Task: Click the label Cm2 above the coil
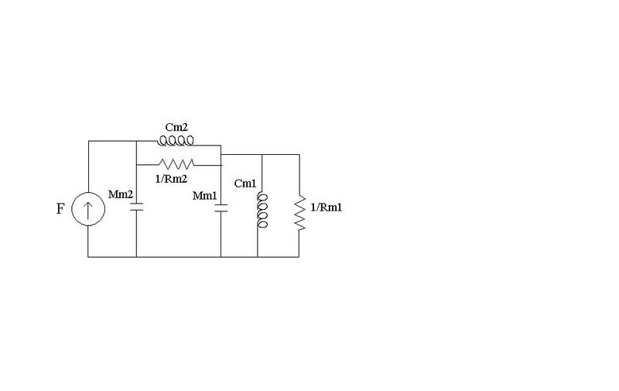click(x=176, y=127)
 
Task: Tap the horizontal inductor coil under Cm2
click(x=176, y=141)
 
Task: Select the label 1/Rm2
click(x=171, y=179)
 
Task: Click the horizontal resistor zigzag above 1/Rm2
click(x=176, y=164)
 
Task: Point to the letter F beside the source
click(x=60, y=208)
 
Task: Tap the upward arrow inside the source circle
click(x=88, y=209)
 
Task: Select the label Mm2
click(x=121, y=194)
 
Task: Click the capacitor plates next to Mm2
click(x=137, y=207)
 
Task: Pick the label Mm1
click(x=204, y=195)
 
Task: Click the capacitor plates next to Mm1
click(x=221, y=208)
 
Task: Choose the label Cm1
click(x=245, y=183)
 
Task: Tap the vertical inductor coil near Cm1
click(x=262, y=211)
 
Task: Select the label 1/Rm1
click(x=326, y=208)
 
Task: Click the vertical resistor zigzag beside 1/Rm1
click(x=299, y=212)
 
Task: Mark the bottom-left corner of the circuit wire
click(x=88, y=257)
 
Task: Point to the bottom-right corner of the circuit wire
click(x=299, y=257)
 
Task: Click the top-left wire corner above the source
click(x=88, y=141)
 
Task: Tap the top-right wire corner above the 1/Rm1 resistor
click(x=299, y=154)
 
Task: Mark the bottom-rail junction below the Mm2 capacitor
click(x=137, y=257)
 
